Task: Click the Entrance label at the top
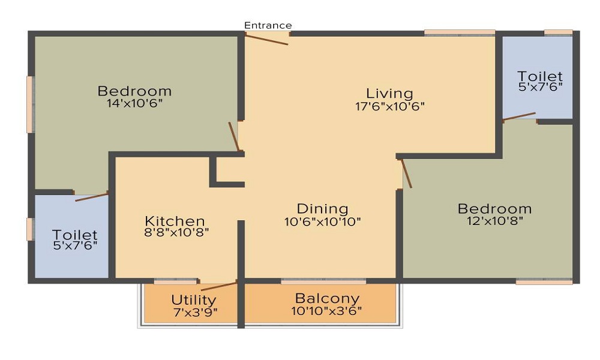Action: point(268,25)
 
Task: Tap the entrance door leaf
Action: point(266,40)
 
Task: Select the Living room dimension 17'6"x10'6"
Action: point(390,106)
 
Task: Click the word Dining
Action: point(323,209)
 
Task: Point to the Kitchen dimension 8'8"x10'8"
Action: point(176,232)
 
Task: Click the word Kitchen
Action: point(175,221)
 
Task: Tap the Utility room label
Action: point(194,299)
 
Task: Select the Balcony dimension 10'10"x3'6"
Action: point(326,311)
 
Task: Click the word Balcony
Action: point(328,298)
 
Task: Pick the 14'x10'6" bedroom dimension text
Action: point(134,103)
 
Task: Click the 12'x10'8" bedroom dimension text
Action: point(495,221)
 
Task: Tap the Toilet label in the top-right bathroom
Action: point(540,76)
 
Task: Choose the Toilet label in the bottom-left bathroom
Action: point(74,234)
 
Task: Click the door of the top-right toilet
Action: point(519,116)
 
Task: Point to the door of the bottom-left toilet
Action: point(92,197)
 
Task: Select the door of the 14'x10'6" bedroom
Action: point(234,137)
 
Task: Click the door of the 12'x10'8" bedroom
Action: point(406,173)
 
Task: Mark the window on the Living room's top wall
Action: point(460,33)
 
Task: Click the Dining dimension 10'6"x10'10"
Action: point(323,221)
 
